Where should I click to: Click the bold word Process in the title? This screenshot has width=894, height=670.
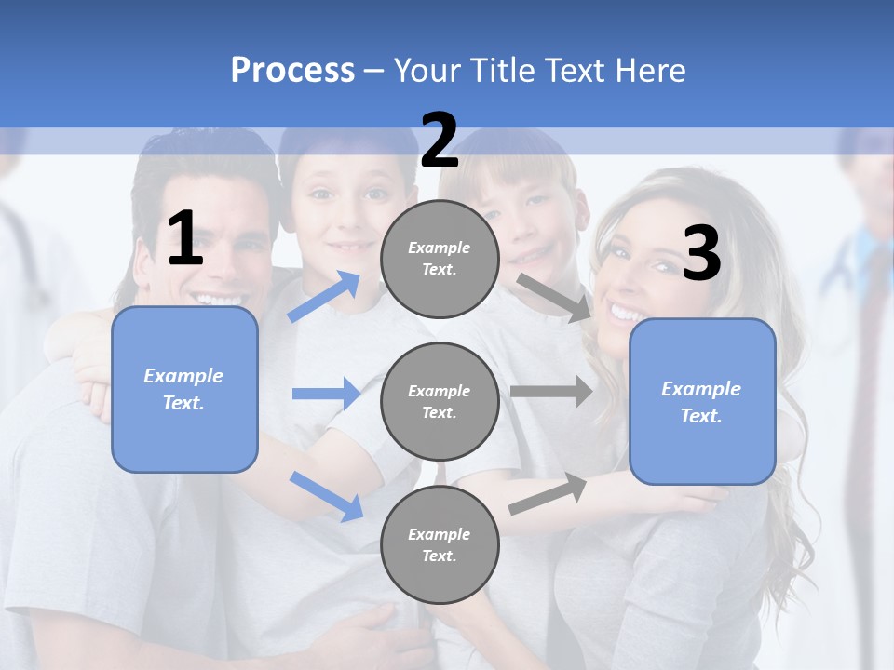tap(292, 70)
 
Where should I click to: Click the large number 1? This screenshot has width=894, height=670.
tap(185, 239)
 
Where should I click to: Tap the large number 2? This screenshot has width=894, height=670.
tap(440, 141)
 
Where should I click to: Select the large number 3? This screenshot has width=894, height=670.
tap(701, 253)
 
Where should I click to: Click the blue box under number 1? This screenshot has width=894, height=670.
tap(184, 389)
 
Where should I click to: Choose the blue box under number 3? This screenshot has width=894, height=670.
tap(702, 402)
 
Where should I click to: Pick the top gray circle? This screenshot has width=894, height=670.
tap(440, 259)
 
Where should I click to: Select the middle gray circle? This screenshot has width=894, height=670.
tap(440, 402)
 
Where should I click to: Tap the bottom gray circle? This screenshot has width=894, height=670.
tap(440, 544)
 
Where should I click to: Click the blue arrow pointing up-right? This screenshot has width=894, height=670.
tap(324, 296)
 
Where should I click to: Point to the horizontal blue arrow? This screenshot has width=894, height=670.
tap(326, 394)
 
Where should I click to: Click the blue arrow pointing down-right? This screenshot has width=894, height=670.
tap(326, 495)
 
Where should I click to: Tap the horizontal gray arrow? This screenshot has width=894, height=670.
tap(550, 391)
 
